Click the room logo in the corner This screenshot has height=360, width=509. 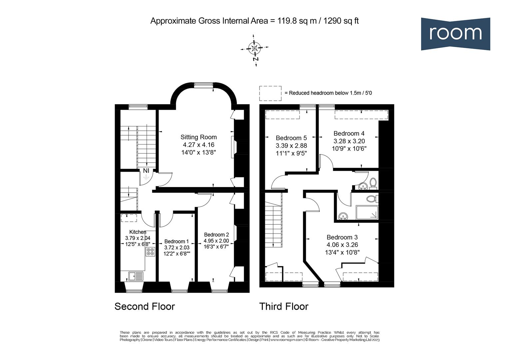pos(455,34)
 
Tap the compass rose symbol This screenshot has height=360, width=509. pos(254,48)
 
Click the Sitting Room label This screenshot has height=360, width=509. pos(199,137)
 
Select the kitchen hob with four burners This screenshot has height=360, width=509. pos(150,252)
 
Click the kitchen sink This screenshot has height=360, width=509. pos(136,276)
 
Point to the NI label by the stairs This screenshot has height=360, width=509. pos(146,171)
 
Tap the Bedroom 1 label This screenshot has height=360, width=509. pos(176,241)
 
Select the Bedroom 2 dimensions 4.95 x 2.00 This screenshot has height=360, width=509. pos(216,241)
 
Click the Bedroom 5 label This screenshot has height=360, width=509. pos(291,138)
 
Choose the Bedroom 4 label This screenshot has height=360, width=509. pos(349,133)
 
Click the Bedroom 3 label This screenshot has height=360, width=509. pos(342,237)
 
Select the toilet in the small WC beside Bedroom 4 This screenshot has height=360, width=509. pos(373,183)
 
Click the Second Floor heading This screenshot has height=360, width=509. pos(145,306)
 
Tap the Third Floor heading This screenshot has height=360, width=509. pos(284,306)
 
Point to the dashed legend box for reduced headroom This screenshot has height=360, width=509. pos(270,93)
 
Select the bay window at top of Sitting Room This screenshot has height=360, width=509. pos(204,85)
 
